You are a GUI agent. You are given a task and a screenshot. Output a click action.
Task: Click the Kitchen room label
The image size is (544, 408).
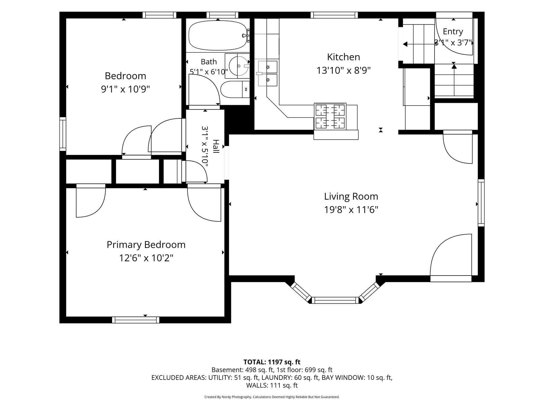pyautogui.click(x=343, y=57)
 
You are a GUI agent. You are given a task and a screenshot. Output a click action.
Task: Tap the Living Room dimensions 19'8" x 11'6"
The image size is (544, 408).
pyautogui.click(x=351, y=210)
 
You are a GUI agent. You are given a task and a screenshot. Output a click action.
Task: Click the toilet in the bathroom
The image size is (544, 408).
pyautogui.click(x=235, y=89)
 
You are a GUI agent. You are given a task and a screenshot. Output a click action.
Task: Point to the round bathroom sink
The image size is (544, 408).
pyautogui.click(x=238, y=66)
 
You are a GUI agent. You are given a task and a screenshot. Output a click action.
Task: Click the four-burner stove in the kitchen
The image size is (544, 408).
pyautogui.click(x=330, y=117)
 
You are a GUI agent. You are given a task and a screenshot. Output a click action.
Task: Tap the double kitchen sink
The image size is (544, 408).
pyautogui.click(x=268, y=73)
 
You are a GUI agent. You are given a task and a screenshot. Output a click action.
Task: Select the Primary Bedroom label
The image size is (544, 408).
pyautogui.click(x=146, y=245)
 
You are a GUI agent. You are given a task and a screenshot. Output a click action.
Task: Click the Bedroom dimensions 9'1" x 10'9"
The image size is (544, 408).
pyautogui.click(x=125, y=89)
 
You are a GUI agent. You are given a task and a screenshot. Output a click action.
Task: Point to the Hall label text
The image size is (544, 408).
pyautogui.click(x=216, y=146)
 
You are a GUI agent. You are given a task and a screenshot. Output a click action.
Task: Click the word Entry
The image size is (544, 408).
pyautogui.click(x=453, y=31)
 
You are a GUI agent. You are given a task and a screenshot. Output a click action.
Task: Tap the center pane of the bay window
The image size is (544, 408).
pyautogui.click(x=336, y=300)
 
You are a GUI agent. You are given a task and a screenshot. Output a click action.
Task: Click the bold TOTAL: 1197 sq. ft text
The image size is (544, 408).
pyautogui.click(x=272, y=362)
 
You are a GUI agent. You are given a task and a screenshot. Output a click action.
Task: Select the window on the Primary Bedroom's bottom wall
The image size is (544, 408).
pyautogui.click(x=136, y=320)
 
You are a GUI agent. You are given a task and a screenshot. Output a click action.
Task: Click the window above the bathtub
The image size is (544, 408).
pyautogui.click(x=222, y=15)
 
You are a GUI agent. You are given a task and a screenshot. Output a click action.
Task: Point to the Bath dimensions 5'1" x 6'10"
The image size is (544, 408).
pyautogui.click(x=209, y=72)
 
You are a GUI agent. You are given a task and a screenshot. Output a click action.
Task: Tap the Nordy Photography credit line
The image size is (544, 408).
pyautogui.click(x=272, y=397)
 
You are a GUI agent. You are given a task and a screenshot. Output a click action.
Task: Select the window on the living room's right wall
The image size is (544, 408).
pyautogui.click(x=481, y=203)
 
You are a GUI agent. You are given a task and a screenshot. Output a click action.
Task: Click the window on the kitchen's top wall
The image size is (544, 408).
pyautogui.click(x=334, y=15)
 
